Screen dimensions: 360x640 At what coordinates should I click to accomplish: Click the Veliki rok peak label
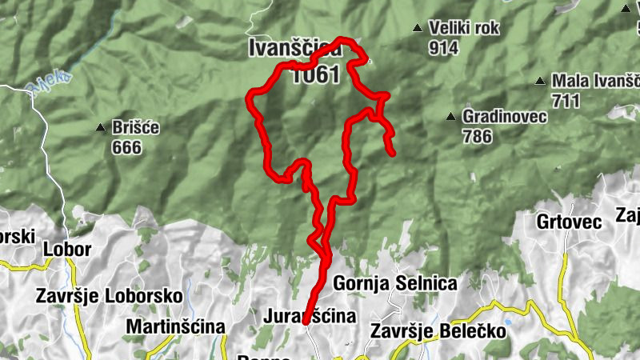tap(464, 29)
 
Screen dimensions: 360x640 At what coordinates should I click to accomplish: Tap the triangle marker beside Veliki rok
tap(417, 29)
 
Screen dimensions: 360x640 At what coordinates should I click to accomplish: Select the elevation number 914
tap(443, 47)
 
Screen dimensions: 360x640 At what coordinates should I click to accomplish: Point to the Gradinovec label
tap(505, 117)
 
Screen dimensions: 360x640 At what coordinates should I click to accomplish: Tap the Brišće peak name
tap(138, 128)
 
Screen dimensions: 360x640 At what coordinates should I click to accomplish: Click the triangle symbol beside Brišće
tap(101, 128)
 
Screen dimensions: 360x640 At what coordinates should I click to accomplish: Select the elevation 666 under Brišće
tap(126, 147)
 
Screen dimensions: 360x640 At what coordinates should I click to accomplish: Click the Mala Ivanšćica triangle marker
tap(542, 82)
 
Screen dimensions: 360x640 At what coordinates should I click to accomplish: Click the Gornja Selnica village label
tap(394, 283)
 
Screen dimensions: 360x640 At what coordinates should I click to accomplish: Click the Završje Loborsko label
tap(110, 295)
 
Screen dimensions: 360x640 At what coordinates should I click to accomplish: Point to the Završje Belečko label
tap(439, 330)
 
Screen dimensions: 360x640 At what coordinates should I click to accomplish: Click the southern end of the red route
tap(305, 322)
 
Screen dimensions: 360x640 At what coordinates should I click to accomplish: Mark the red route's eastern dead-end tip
tap(392, 152)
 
